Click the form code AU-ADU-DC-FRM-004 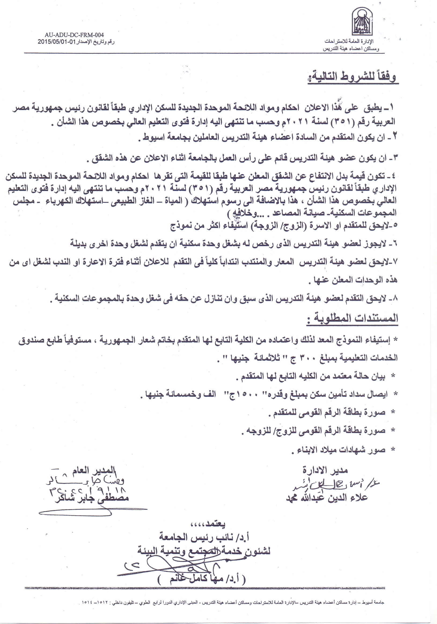point(74,35)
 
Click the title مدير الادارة point(325,470)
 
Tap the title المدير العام point(94,470)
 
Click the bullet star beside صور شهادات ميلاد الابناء point(393,450)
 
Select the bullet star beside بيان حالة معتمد point(393,376)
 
